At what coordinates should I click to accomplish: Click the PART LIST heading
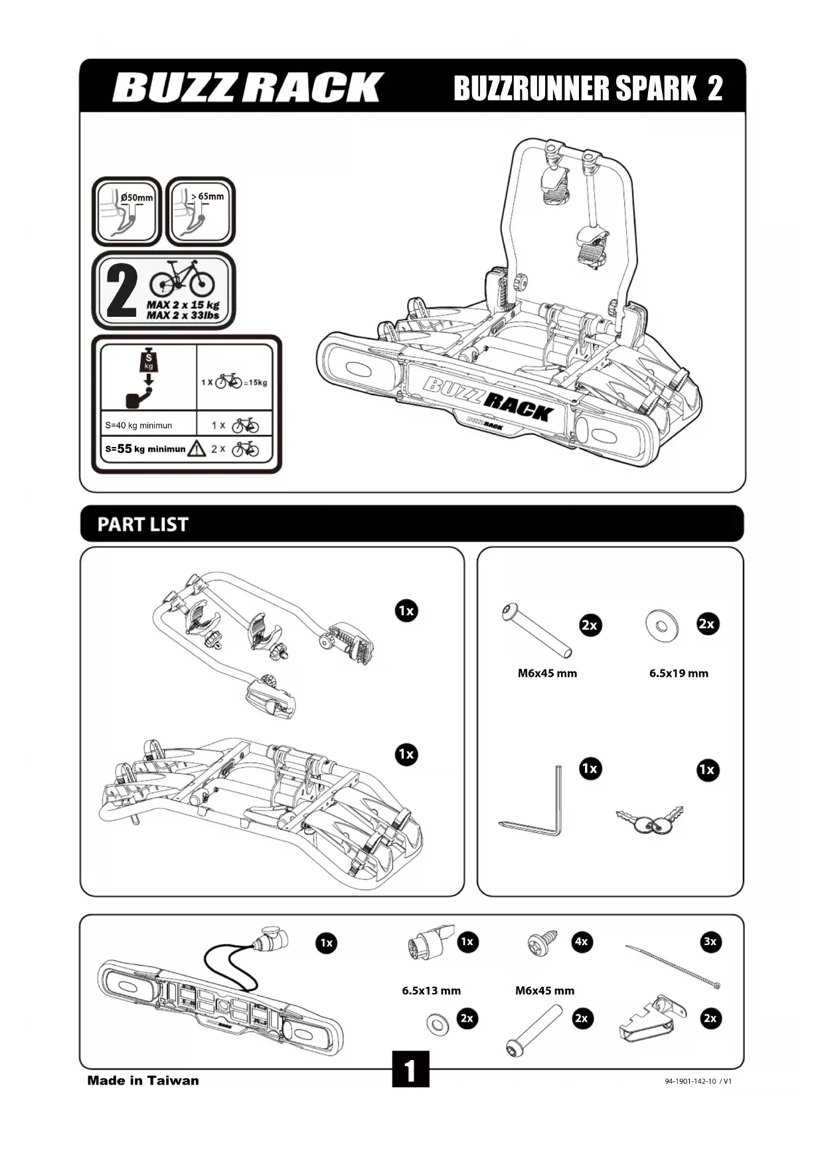pyautogui.click(x=143, y=525)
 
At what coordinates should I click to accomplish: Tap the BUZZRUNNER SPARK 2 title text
pyautogui.click(x=588, y=88)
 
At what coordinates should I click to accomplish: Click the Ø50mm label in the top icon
pyautogui.click(x=137, y=197)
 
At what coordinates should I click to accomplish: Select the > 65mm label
pyautogui.click(x=207, y=196)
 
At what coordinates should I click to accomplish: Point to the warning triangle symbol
pyautogui.click(x=197, y=449)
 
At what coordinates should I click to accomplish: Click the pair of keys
pyautogui.click(x=649, y=820)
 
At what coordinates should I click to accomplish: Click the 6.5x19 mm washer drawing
pyautogui.click(x=662, y=625)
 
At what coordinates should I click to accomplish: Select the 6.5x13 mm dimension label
pyautogui.click(x=431, y=990)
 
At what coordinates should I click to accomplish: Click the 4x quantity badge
pyautogui.click(x=582, y=941)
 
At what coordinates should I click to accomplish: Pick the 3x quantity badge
pyautogui.click(x=710, y=941)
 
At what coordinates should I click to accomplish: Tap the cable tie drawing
pyautogui.click(x=672, y=966)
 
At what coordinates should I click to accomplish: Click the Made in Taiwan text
pyautogui.click(x=143, y=1081)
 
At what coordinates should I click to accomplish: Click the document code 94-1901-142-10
pyautogui.click(x=690, y=1081)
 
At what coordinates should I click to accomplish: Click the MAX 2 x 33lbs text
pyautogui.click(x=183, y=315)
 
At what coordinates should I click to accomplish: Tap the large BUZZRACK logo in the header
pyautogui.click(x=248, y=88)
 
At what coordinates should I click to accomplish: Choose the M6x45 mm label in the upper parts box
pyautogui.click(x=547, y=673)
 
